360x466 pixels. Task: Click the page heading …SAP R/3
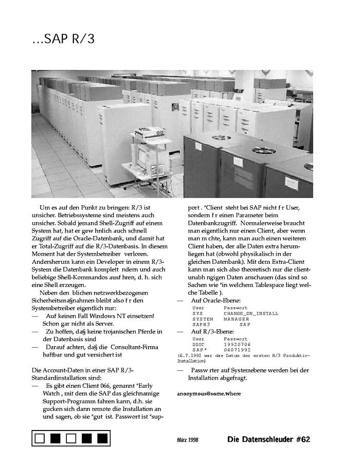[63, 39]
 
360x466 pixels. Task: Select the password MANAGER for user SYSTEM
[236, 319]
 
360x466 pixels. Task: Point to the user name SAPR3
[202, 325]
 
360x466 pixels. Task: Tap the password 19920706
[237, 344]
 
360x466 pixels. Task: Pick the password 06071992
[237, 350]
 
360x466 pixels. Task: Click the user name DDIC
[199, 344]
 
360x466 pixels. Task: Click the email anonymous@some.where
[209, 393]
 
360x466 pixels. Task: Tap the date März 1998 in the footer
[187, 440]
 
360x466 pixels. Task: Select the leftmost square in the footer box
[40, 438]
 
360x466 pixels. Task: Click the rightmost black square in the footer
[102, 438]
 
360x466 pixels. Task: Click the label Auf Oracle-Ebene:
[215, 300]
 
